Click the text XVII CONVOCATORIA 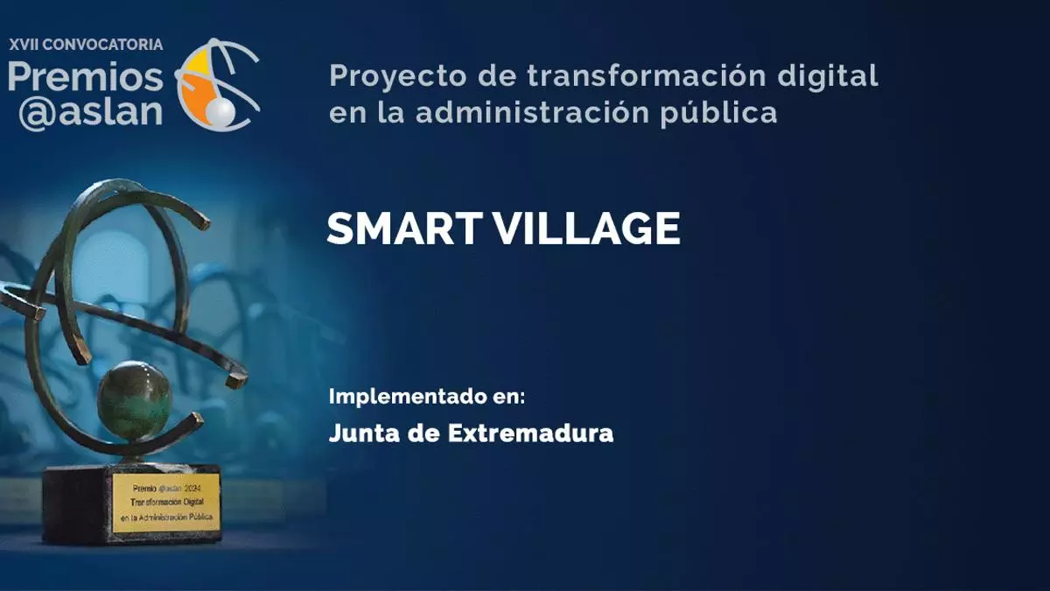pos(86,45)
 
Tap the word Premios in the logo pos(86,77)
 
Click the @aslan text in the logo pos(90,113)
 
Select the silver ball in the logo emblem pos(220,113)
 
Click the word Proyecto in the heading pos(398,77)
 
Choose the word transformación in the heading pos(647,75)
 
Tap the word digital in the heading pos(828,75)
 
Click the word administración pos(533,113)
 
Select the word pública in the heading pos(719,114)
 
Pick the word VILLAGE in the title pos(587,229)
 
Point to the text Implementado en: pos(427,397)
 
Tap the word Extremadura pos(530,433)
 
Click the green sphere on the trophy pos(135,400)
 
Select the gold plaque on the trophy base pos(166,503)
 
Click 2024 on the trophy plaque pos(192,489)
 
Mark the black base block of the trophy pos(131,504)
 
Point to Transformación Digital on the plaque pos(167,502)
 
